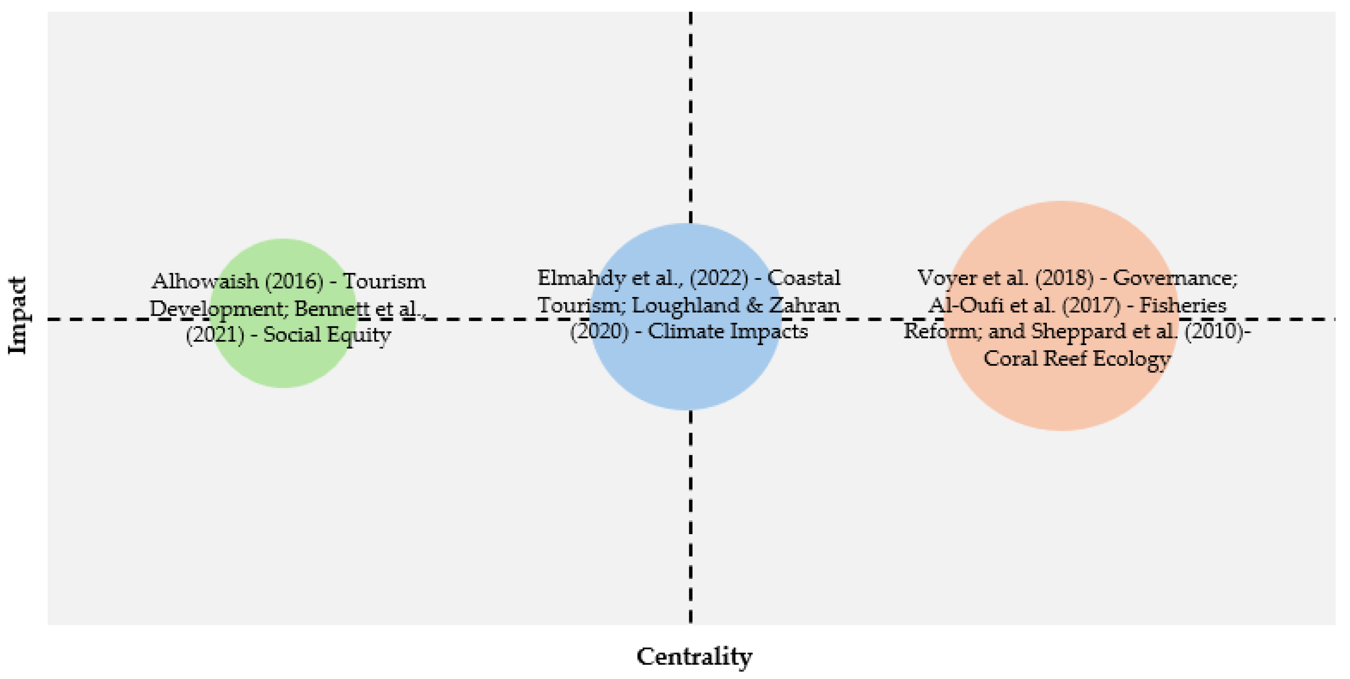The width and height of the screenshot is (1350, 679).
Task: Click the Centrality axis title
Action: click(694, 656)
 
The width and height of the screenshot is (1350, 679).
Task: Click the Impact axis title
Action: click(18, 315)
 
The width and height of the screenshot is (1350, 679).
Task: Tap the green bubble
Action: click(283, 367)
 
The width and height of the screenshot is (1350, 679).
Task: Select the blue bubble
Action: click(686, 377)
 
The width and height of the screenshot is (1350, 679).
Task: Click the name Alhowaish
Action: click(205, 282)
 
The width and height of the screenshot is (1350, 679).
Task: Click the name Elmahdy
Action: click(581, 278)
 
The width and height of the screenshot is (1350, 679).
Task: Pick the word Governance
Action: click(1174, 278)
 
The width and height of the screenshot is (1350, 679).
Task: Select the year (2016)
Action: click(294, 282)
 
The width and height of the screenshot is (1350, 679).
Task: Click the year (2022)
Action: click(718, 278)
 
